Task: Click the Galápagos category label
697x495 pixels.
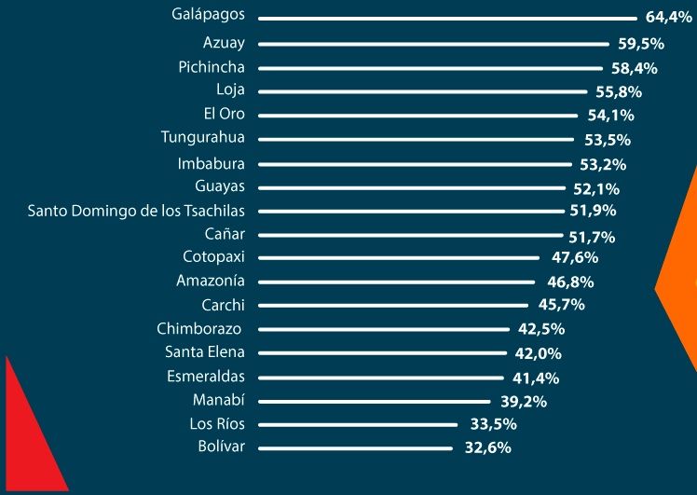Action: (208, 15)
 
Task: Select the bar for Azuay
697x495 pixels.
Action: (433, 44)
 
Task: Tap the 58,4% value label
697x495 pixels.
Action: (635, 68)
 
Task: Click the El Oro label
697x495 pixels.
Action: (224, 115)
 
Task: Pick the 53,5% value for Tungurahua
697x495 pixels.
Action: (607, 140)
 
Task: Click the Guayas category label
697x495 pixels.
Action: (220, 186)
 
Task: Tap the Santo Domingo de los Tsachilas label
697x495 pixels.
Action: (136, 211)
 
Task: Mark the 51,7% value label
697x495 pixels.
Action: (592, 237)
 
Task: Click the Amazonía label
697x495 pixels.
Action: (211, 281)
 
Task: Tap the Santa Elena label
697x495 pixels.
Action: (205, 352)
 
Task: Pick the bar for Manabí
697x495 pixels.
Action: (374, 401)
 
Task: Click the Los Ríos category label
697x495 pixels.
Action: (216, 424)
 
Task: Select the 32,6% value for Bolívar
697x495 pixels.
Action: (487, 447)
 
